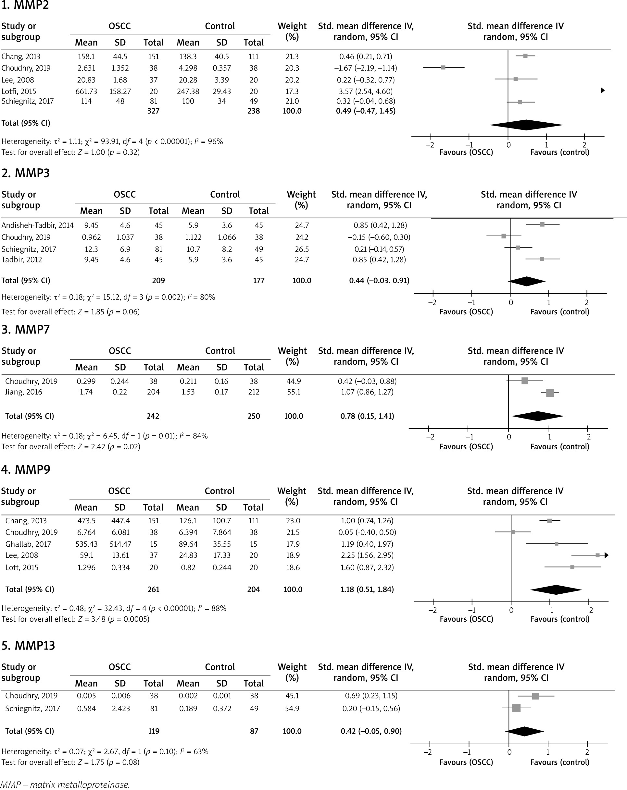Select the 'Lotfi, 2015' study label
click(x=19, y=91)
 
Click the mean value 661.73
click(x=86, y=91)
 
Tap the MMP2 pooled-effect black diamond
click(x=526, y=125)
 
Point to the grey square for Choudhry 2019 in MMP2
click(x=443, y=67)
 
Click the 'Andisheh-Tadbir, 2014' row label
click(x=37, y=225)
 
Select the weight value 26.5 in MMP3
click(x=302, y=249)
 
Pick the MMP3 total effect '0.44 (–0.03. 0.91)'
click(x=379, y=280)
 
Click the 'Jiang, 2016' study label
click(x=23, y=392)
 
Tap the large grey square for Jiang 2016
click(x=550, y=393)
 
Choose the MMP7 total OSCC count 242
click(x=153, y=416)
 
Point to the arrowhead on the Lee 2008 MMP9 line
click(x=607, y=555)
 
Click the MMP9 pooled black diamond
click(x=556, y=589)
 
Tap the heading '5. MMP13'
click(x=28, y=645)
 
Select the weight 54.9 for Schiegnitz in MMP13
click(x=292, y=708)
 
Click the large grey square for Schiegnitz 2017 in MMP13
click(x=516, y=708)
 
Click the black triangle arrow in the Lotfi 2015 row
click(x=602, y=91)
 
